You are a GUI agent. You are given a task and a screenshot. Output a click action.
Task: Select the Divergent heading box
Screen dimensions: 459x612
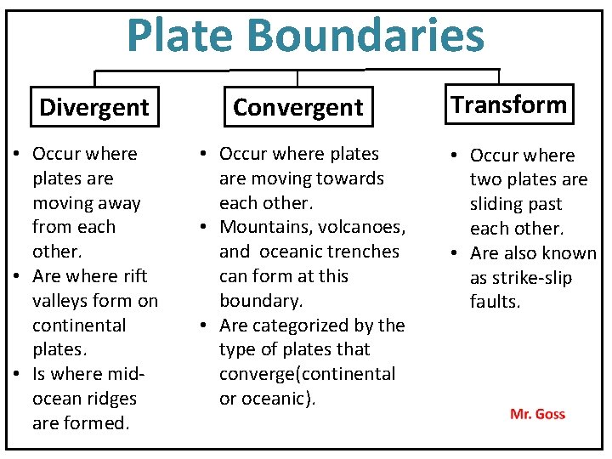[93, 107]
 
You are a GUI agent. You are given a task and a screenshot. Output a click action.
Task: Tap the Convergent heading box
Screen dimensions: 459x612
[297, 107]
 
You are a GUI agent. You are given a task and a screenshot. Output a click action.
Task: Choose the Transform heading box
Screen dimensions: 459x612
[508, 105]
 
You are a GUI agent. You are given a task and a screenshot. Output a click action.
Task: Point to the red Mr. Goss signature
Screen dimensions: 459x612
[537, 414]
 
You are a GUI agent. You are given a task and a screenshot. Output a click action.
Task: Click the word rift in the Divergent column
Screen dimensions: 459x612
[133, 276]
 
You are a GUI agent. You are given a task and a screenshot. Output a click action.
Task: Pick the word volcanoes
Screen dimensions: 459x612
[360, 227]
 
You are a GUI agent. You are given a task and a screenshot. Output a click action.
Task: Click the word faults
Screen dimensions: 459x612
[495, 302]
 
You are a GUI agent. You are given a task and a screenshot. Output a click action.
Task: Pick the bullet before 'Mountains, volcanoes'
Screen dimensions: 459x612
[206, 228]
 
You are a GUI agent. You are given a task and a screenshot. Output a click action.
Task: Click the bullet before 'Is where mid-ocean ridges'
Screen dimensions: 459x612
[18, 375]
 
